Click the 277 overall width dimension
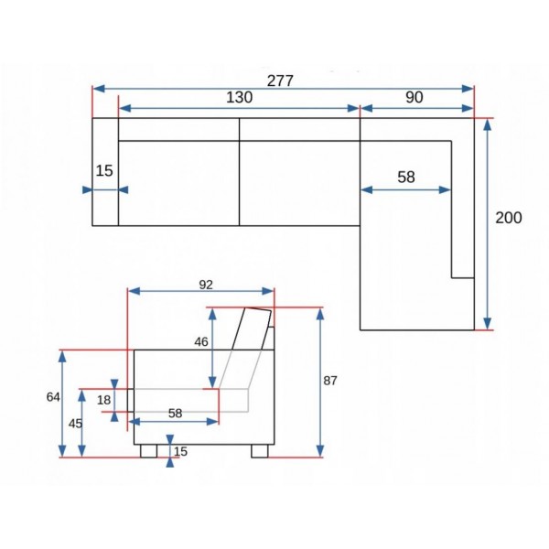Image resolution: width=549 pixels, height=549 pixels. (x=280, y=81)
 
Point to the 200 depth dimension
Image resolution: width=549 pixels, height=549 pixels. (x=509, y=219)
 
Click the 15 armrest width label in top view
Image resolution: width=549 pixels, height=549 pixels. (x=104, y=170)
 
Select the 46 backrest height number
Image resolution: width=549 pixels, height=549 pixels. (x=201, y=341)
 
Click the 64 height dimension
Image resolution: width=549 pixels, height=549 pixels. (x=52, y=396)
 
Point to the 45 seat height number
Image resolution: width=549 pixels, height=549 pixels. (x=76, y=423)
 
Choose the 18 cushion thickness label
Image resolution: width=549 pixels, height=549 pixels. (x=103, y=400)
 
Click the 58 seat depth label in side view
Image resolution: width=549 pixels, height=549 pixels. (x=176, y=413)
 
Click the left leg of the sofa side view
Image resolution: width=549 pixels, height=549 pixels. (x=148, y=450)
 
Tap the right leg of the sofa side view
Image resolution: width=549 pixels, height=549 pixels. (x=259, y=450)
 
